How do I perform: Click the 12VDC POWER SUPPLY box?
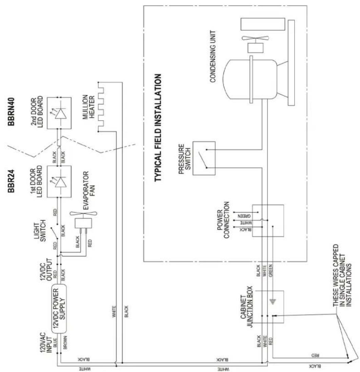point(59,308)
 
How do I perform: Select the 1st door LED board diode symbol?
point(59,182)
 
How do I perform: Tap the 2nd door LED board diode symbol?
point(59,113)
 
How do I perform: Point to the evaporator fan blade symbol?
point(83,213)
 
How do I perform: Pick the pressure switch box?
point(204,158)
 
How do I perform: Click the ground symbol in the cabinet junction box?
point(273,302)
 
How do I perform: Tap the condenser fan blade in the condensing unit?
point(255,38)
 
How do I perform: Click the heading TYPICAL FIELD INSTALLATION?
point(158,128)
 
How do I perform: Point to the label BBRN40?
point(11,111)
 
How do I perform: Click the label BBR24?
point(11,181)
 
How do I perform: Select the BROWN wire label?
point(65,342)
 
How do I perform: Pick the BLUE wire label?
point(55,343)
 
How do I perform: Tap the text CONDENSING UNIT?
point(213,56)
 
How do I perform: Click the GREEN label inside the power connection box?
point(244,216)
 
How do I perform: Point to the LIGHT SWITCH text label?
point(40,231)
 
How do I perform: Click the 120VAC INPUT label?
point(46,343)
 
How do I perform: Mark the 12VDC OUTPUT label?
point(46,269)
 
